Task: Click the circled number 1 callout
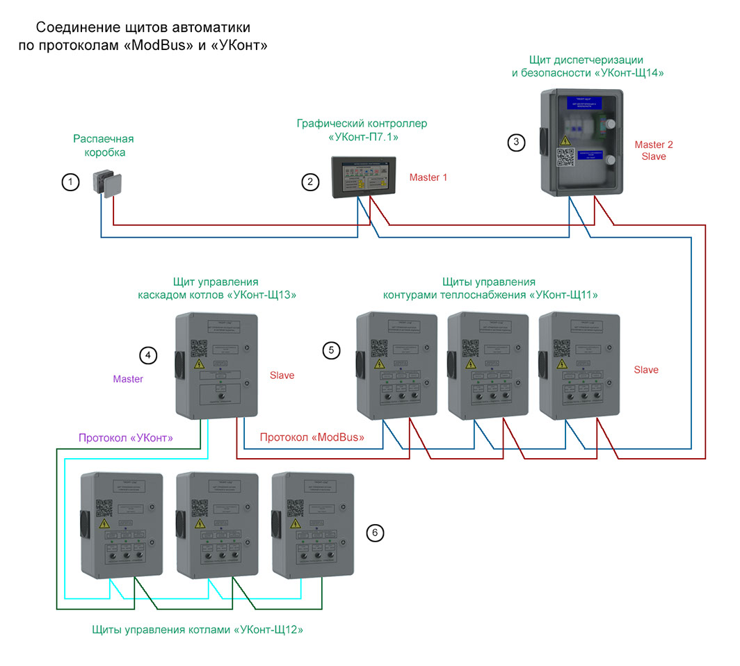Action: click(x=70, y=182)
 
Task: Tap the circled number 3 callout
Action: click(x=515, y=142)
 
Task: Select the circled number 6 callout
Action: click(x=375, y=533)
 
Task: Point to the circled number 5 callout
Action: click(x=332, y=350)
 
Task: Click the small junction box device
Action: click(x=106, y=184)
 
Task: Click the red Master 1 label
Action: click(x=428, y=177)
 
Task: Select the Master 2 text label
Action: click(x=654, y=145)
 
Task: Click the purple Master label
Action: click(x=128, y=379)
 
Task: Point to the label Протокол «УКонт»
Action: click(x=125, y=438)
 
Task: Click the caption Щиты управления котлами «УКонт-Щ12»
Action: click(x=198, y=630)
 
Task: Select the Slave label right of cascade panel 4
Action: click(x=282, y=375)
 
